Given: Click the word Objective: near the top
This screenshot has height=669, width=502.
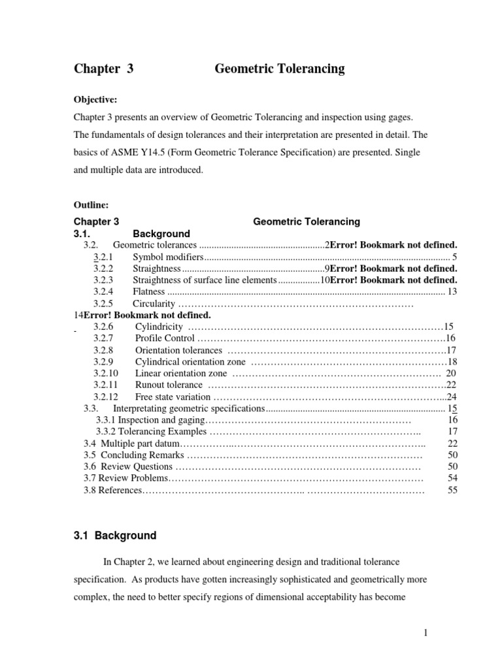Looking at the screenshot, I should pyautogui.click(x=95, y=99).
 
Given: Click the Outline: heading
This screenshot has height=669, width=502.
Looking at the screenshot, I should pyautogui.click(x=92, y=204).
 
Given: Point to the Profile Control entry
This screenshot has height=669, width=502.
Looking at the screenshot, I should pyautogui.click(x=165, y=338).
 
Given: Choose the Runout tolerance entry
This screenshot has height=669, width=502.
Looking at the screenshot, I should pyautogui.click(x=168, y=385).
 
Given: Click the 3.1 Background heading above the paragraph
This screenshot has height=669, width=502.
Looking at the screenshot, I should pyautogui.click(x=114, y=536).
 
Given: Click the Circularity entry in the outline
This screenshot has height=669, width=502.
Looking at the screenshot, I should pyautogui.click(x=154, y=304).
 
